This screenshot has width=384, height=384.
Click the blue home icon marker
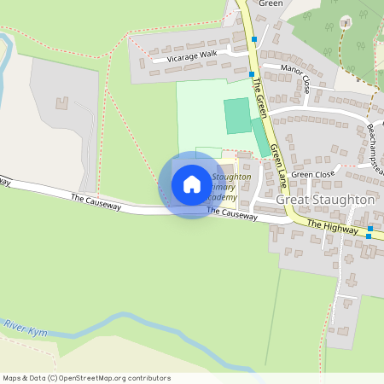coord(192,184)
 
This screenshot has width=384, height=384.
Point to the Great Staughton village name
coord(326,200)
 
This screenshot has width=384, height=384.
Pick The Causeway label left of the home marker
coord(96,202)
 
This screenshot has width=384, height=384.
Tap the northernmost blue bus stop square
coord(253,39)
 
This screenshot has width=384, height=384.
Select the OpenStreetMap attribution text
coord(85,378)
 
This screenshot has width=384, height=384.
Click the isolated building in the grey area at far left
coord(61,103)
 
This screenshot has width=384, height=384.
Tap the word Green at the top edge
coord(270,3)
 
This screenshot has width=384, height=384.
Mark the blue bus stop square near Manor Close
coord(251,74)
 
